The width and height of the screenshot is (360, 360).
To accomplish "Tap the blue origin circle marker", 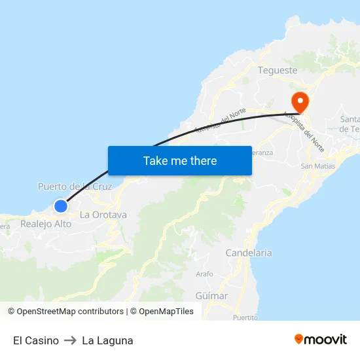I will click(60, 206).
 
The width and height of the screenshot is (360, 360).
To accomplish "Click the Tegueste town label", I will click(278, 70).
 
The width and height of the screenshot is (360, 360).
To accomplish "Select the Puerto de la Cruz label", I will click(75, 187).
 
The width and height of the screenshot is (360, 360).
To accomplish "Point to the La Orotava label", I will click(103, 215).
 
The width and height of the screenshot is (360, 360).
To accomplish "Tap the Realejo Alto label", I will click(46, 224).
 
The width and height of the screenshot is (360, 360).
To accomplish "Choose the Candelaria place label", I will click(248, 253).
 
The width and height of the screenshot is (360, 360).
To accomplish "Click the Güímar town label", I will click(211, 296).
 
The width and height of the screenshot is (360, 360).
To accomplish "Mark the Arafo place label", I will click(204, 274).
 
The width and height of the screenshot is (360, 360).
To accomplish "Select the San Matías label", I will click(317, 166).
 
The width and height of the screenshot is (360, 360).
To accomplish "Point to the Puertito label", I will click(245, 317).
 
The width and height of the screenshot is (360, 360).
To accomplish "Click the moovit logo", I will click(321, 339).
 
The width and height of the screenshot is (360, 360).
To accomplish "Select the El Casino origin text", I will click(36, 340).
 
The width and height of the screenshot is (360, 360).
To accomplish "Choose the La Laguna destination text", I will click(107, 340).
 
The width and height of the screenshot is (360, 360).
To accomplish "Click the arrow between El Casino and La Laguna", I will click(70, 340).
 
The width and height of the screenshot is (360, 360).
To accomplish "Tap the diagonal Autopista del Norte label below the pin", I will click(305, 130).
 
